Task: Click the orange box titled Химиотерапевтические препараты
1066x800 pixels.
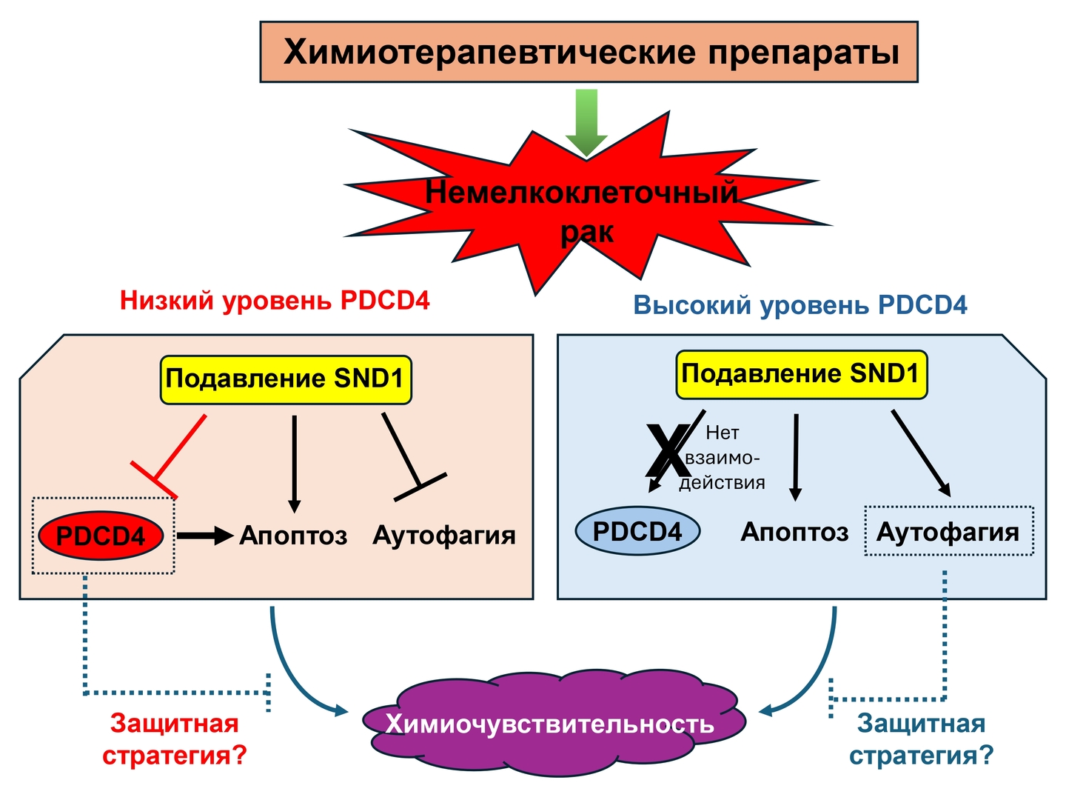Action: point(589,52)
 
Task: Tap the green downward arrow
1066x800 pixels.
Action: point(586,122)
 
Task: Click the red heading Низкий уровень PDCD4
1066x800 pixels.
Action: point(275,301)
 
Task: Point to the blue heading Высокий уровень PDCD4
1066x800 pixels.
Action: point(800,305)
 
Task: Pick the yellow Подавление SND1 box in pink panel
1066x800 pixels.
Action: point(286,379)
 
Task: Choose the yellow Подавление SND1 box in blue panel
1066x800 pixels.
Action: point(801,374)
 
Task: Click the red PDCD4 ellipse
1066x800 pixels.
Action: point(101,536)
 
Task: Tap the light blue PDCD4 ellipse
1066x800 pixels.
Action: point(637,531)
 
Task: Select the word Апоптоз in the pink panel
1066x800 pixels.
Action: point(294,535)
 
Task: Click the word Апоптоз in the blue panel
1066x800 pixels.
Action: point(794,532)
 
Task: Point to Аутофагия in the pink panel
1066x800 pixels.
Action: point(444,535)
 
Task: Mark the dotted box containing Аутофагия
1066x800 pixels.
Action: point(948,531)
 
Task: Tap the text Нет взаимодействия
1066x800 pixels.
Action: point(722,458)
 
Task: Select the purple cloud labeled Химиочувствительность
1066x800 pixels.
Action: point(552,722)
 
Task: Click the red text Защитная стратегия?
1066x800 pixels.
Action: point(175,739)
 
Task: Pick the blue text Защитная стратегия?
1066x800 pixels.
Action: point(921,739)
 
